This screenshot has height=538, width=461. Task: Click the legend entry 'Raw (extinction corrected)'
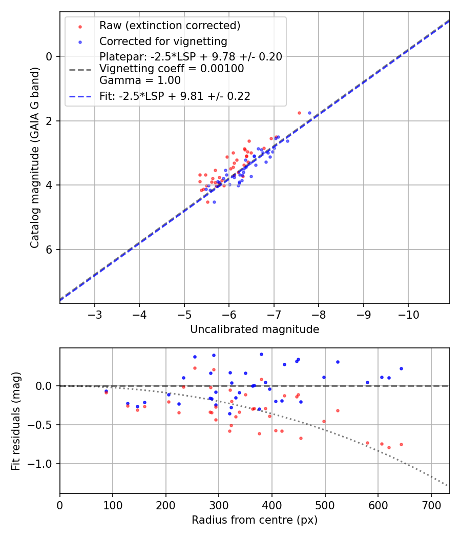[x=170, y=26]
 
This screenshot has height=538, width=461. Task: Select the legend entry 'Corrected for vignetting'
[x=163, y=41]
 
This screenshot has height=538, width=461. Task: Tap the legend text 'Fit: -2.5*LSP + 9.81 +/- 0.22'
[x=175, y=96]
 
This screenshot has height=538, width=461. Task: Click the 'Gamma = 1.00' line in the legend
[x=140, y=80]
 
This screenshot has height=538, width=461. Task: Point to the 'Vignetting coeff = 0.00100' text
[x=172, y=68]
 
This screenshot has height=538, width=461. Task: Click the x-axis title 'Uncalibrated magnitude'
[x=255, y=329]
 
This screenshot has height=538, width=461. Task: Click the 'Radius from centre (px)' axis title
[x=255, y=520]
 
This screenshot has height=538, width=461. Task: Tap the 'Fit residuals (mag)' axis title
[x=16, y=421]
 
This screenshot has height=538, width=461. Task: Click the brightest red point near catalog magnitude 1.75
[x=299, y=113]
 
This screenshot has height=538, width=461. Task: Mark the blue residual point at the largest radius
[x=401, y=368]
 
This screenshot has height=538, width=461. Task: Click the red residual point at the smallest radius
[x=106, y=392]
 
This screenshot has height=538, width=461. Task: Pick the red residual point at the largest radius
[x=401, y=444]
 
